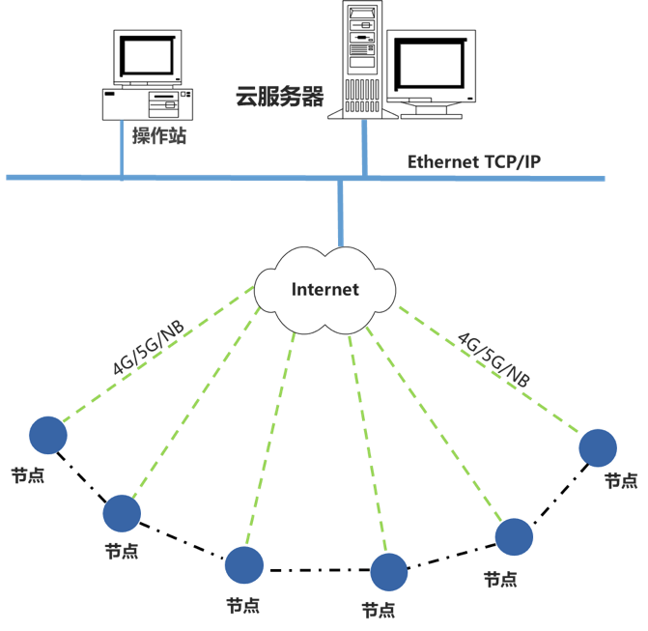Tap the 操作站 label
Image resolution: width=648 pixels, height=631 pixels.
coord(159,136)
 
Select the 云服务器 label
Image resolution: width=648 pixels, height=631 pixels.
coord(278,96)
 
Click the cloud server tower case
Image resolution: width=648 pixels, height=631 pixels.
coord(362,58)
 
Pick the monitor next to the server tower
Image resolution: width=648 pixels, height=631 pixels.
coord(432,68)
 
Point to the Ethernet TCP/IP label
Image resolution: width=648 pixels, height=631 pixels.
coord(473,161)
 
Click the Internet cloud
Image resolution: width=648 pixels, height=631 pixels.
coord(325,288)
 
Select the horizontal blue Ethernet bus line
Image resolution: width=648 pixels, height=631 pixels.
coord(483,178)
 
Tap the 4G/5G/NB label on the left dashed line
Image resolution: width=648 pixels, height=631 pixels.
coord(147,350)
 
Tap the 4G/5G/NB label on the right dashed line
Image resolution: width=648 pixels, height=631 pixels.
coord(493,358)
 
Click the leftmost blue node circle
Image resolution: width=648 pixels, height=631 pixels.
coord(48,435)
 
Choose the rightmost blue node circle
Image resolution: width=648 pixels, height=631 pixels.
coord(598,447)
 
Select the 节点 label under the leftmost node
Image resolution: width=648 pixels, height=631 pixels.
coord(27,475)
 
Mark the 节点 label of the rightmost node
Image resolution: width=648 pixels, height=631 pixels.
coord(621,480)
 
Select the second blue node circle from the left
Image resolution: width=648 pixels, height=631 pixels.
coord(122,513)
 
